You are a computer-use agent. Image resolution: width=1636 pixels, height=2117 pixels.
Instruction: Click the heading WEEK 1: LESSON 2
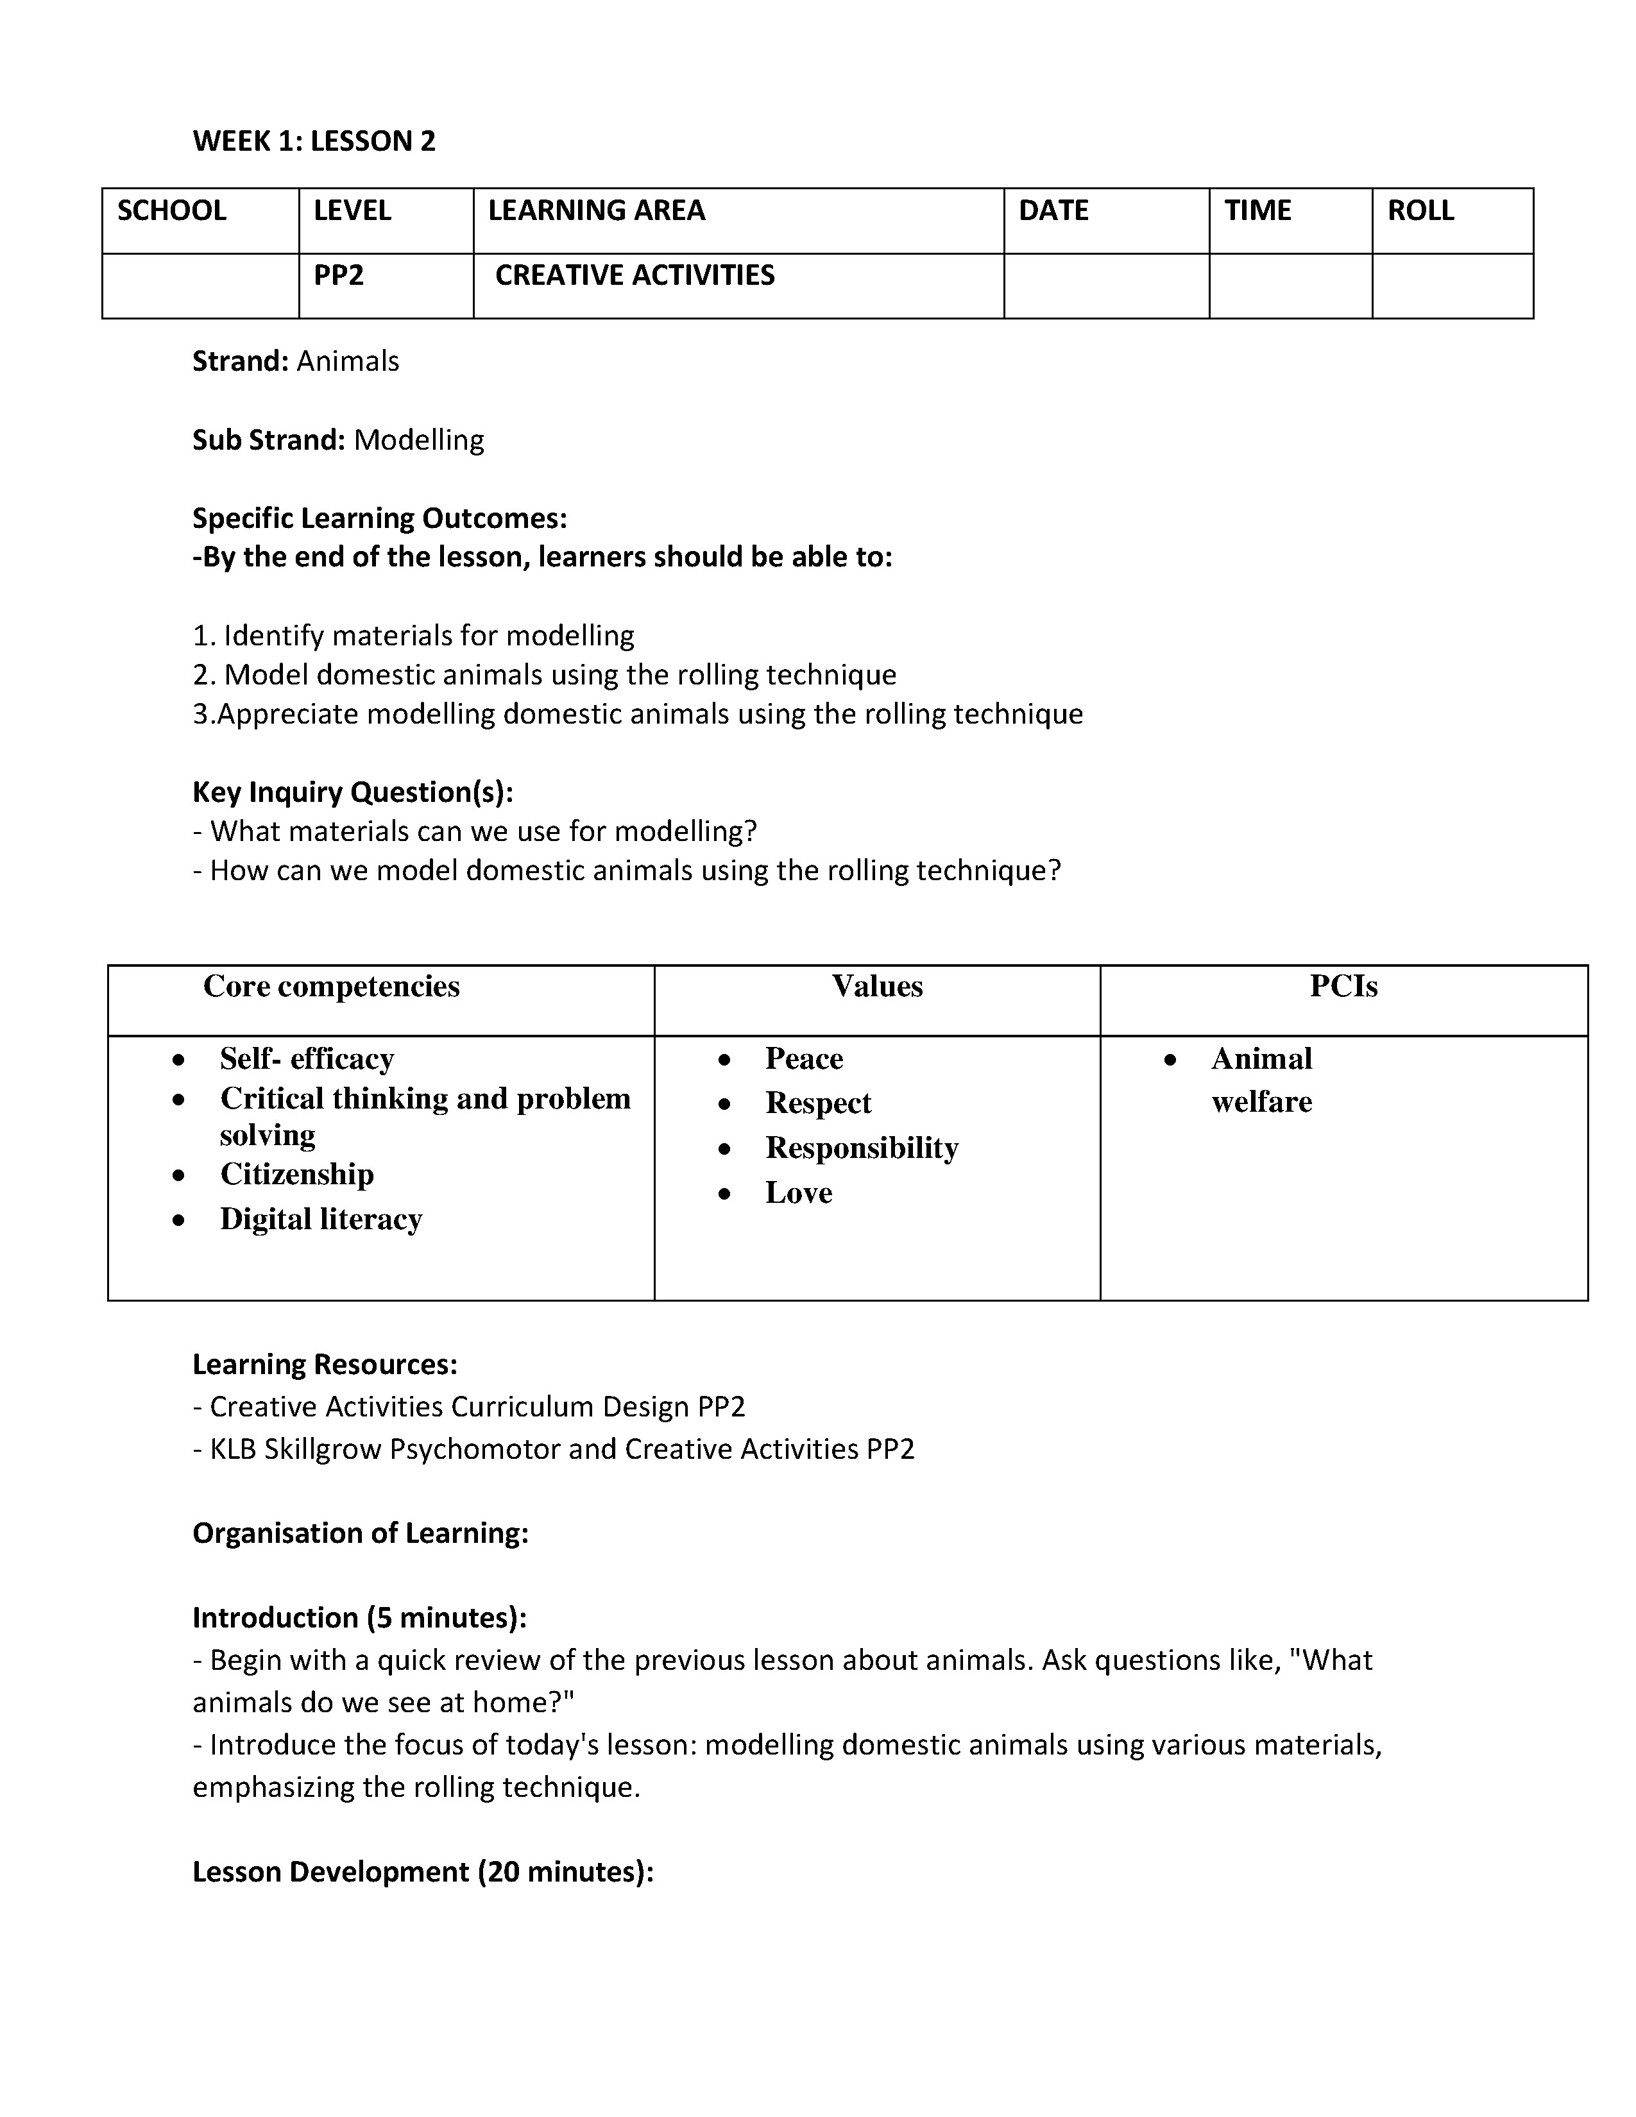coord(314,142)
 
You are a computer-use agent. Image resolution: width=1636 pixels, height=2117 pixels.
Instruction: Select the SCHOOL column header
coord(171,210)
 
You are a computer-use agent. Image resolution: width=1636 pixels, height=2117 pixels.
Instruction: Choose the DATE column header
coord(1053,210)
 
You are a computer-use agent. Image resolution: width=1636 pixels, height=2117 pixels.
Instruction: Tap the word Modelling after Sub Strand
coord(419,440)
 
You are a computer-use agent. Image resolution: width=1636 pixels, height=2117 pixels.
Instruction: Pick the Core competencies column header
coord(332,986)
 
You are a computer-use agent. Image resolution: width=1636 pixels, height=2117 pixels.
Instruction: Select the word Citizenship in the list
coord(296,1174)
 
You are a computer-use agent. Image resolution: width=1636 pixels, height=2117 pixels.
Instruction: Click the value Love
coord(799,1193)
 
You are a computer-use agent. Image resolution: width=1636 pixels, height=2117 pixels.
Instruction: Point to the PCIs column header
coord(1343,986)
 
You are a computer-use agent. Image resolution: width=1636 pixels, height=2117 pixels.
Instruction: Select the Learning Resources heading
coord(325,1365)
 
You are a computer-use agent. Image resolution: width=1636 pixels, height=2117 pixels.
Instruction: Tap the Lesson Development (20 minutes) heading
coord(423,1872)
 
